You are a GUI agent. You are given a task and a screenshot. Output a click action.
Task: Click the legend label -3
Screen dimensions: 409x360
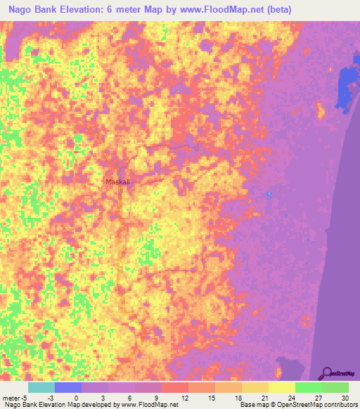pos(49,397)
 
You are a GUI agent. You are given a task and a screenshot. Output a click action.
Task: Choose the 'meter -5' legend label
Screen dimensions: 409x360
pos(15,397)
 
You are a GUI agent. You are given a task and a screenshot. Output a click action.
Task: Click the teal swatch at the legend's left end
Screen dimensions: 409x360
pos(41,387)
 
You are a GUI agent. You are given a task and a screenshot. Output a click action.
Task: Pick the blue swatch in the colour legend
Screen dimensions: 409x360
pos(67,387)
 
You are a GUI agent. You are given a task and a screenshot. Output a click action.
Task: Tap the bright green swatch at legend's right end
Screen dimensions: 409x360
pos(335,387)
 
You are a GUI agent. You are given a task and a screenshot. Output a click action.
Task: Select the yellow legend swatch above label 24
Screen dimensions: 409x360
pos(281,387)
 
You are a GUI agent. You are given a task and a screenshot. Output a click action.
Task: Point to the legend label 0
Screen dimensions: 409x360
pos(76,397)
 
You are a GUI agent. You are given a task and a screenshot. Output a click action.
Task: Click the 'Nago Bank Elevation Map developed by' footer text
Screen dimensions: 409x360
pos(60,405)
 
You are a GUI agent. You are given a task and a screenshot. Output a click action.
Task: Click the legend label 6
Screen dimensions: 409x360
pos(129,397)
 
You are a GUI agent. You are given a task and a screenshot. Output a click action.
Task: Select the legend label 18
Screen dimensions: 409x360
pos(238,397)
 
